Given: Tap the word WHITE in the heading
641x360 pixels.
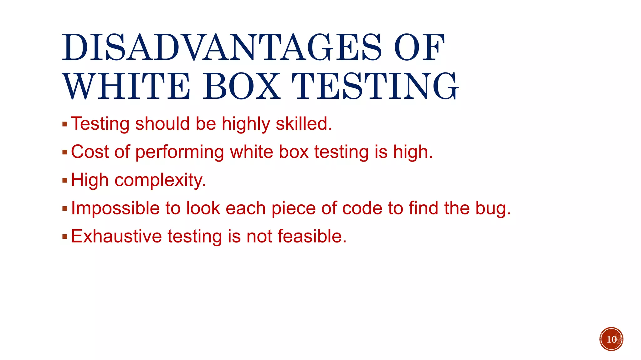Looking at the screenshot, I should click(x=126, y=86).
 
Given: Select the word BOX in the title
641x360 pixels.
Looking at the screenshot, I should click(x=242, y=86).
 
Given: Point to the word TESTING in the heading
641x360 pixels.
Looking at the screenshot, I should click(x=375, y=86).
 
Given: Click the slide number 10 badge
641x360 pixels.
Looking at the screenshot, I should click(x=611, y=339).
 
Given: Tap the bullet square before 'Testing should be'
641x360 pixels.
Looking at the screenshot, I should click(x=65, y=124).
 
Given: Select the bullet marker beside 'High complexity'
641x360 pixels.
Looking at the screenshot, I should click(x=65, y=180).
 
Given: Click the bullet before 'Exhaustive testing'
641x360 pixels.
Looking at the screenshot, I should click(x=65, y=237).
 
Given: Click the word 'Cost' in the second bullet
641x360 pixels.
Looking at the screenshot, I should click(x=90, y=152).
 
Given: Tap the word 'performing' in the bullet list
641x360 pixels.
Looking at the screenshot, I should click(x=180, y=152).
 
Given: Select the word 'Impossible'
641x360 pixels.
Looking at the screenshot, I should click(x=115, y=208).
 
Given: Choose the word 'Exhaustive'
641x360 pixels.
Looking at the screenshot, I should click(x=116, y=236).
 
